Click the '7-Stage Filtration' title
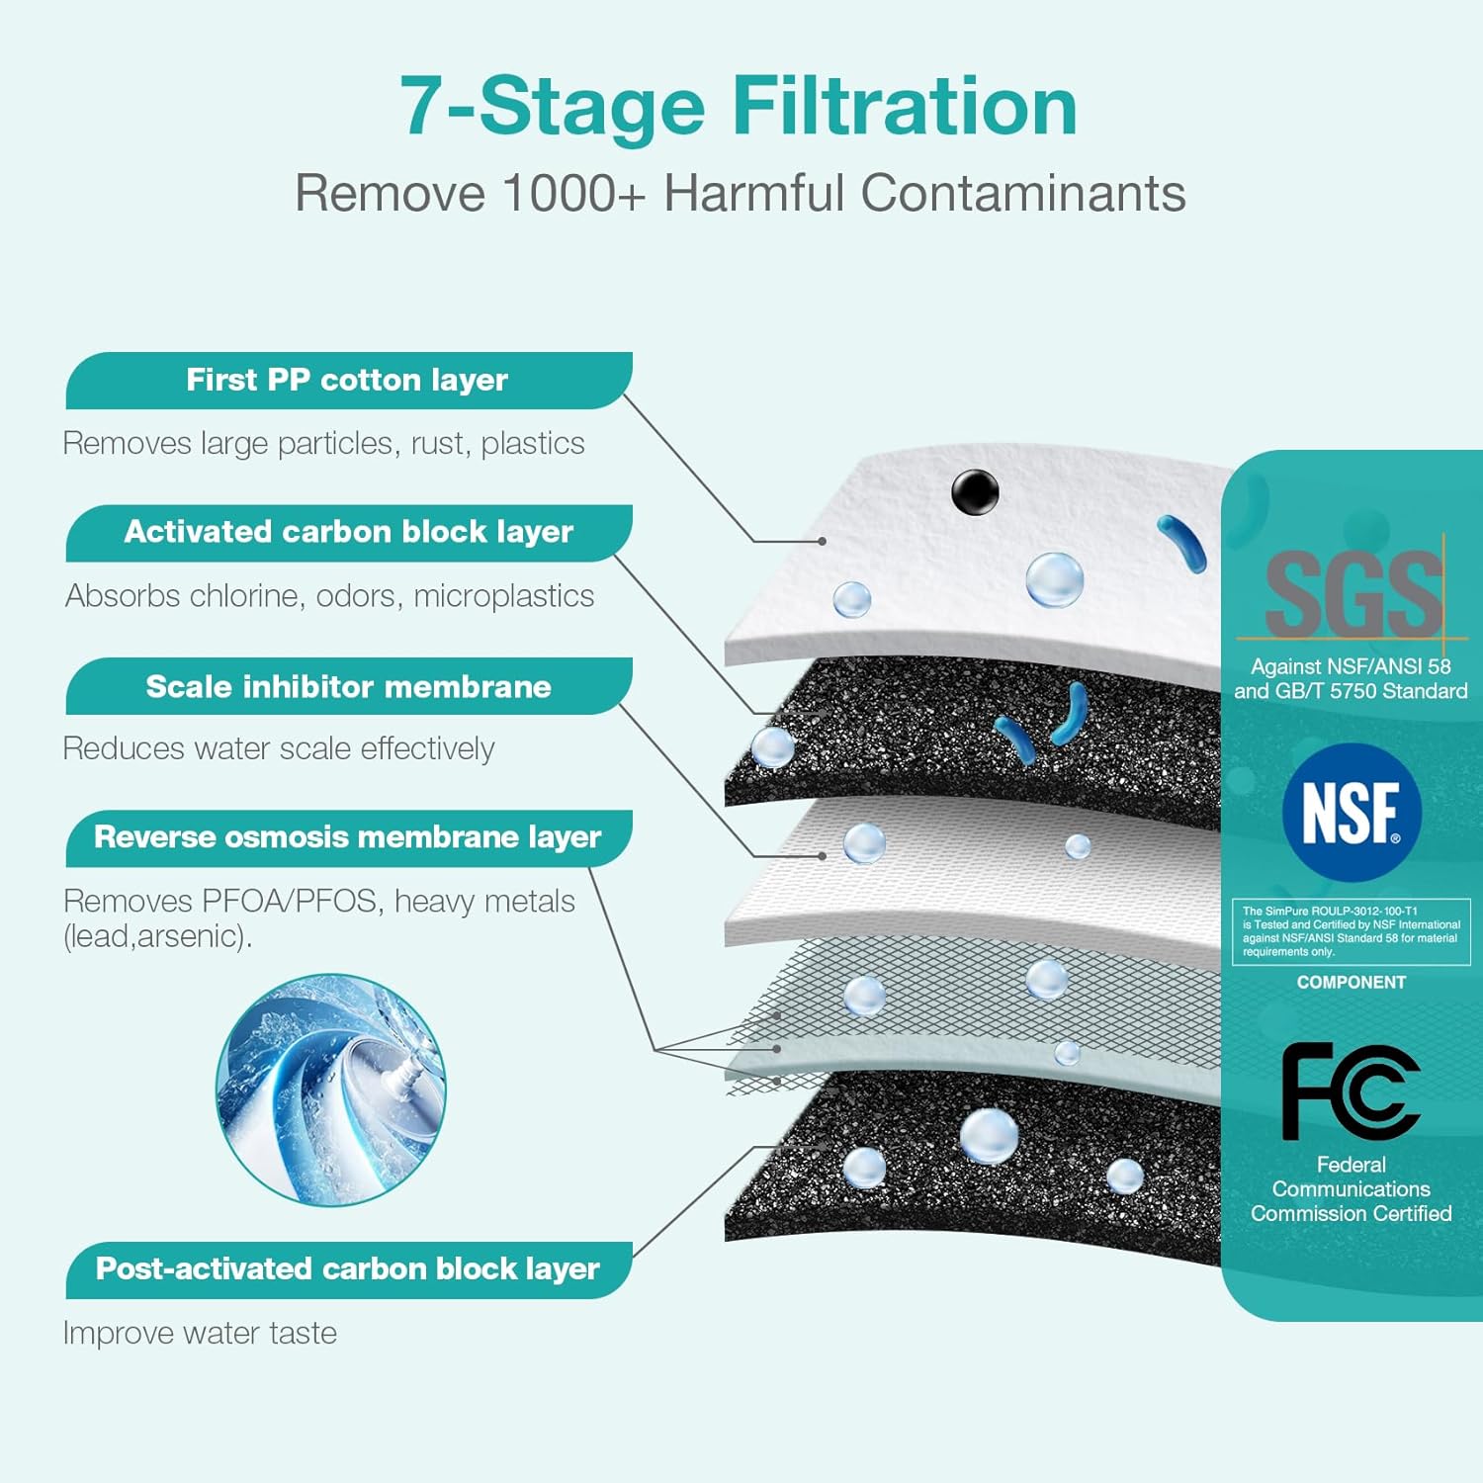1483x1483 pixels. click(739, 107)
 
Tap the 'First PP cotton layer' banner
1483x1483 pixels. click(347, 381)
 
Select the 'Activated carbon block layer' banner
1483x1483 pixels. click(348, 533)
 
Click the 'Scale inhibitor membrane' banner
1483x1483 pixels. click(348, 687)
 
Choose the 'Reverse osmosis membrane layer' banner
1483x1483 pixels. click(347, 838)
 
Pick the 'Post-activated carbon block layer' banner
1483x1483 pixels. click(347, 1269)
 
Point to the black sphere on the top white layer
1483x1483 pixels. click(975, 491)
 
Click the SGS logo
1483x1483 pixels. click(1352, 594)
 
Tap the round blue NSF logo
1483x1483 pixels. click(1351, 813)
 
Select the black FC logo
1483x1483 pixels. click(1351, 1091)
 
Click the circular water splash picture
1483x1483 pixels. click(331, 1089)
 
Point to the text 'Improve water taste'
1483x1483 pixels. click(200, 1334)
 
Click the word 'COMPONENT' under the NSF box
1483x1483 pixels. click(1351, 983)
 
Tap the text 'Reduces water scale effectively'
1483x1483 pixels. click(279, 749)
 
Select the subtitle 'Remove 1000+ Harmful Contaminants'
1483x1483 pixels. click(741, 193)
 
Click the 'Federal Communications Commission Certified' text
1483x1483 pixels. click(1351, 1189)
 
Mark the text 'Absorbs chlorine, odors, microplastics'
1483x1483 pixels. click(330, 596)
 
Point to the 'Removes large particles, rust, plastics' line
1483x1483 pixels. click(323, 444)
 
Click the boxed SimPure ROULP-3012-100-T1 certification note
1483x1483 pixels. click(1351, 931)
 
